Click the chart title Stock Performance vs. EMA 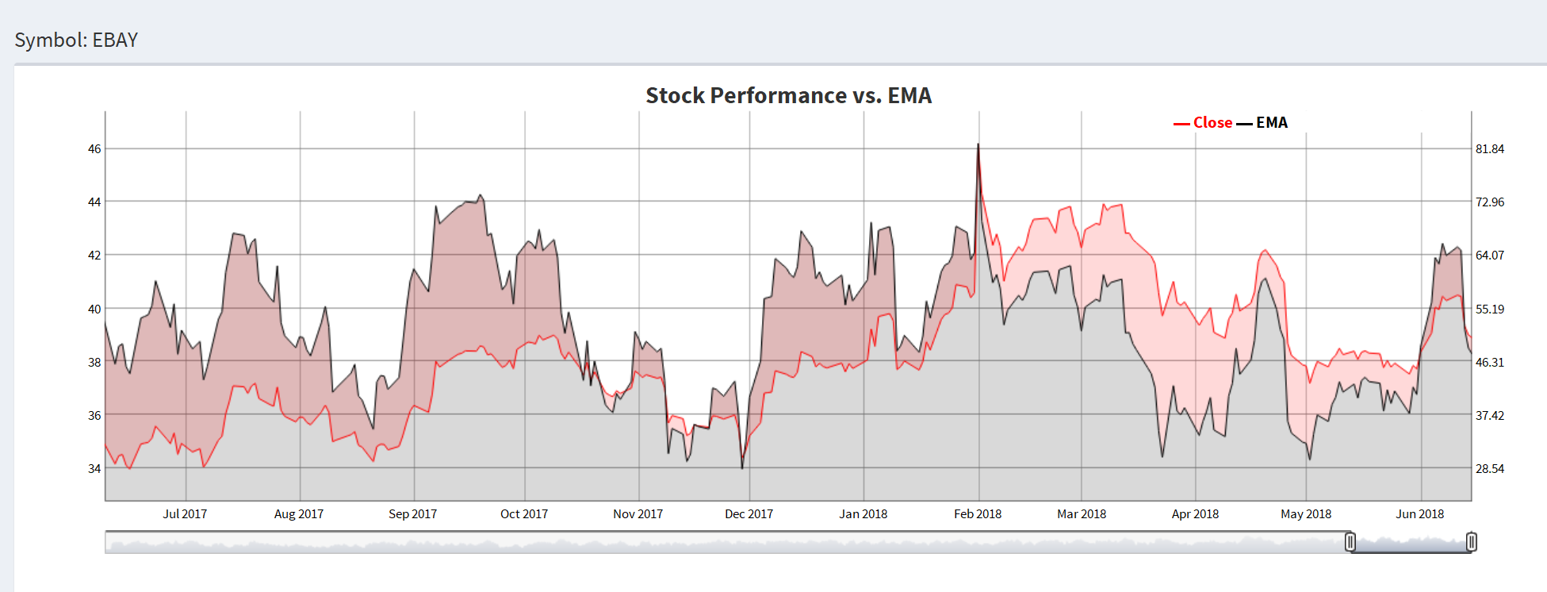coord(788,95)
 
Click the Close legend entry coord(1212,123)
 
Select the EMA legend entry coord(1271,123)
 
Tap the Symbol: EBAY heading coord(76,40)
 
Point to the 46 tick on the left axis coord(94,149)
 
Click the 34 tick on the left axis coord(94,469)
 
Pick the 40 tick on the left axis coord(94,309)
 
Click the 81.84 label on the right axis coord(1489,149)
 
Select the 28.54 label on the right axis coord(1489,469)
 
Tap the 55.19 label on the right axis coord(1489,309)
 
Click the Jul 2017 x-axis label coord(185,514)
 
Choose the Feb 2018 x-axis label coord(978,514)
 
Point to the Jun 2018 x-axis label coord(1419,514)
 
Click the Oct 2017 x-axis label coord(524,514)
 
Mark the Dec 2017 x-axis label coord(749,514)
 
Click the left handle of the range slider coord(1350,542)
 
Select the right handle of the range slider coord(1472,542)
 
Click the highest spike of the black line coord(978,145)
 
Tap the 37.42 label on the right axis coord(1489,416)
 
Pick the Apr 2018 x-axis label coord(1195,514)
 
